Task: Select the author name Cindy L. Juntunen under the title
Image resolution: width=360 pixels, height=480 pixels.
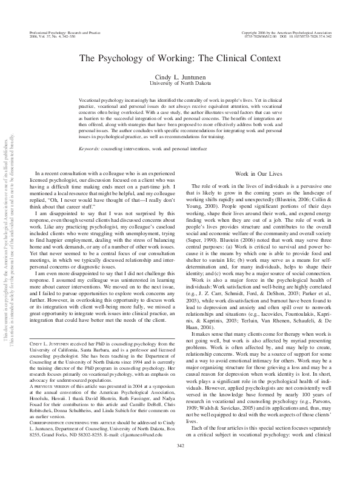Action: click(x=180, y=75)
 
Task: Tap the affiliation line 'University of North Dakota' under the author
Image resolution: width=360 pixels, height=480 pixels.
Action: click(x=180, y=82)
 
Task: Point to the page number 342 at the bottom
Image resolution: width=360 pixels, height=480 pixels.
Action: click(x=180, y=464)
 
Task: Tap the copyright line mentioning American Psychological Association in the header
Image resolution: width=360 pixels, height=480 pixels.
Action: click(x=286, y=31)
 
